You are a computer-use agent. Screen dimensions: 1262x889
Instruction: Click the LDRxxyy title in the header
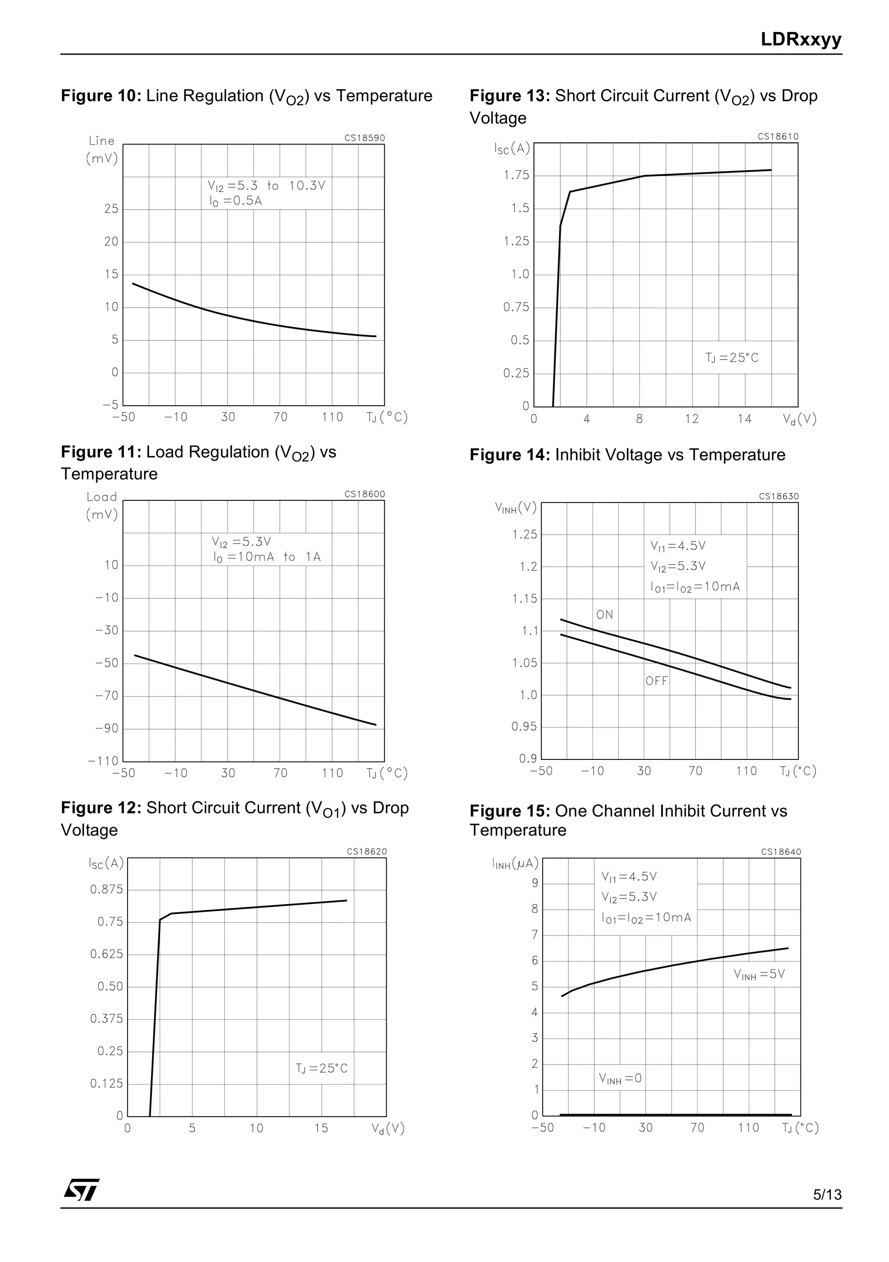tap(800, 39)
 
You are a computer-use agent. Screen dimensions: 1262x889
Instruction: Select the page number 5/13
tap(827, 1194)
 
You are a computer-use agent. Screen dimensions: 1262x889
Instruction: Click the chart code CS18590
tap(365, 138)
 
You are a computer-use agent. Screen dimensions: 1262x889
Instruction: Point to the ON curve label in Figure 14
tap(604, 615)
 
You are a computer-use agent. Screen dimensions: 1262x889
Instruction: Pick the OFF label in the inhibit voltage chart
tap(656, 681)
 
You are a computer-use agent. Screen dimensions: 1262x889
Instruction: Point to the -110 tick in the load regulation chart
tap(103, 761)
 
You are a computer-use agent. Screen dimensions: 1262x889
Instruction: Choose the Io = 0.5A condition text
tap(235, 201)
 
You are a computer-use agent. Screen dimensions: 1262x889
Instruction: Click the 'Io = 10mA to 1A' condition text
tap(267, 557)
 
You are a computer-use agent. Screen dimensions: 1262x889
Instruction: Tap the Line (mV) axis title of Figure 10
tap(102, 150)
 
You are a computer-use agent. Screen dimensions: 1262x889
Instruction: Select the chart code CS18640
tap(780, 852)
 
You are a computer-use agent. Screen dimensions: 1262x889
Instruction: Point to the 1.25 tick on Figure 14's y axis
tap(524, 535)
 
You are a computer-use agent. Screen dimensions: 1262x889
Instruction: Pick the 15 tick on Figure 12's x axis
tap(321, 1128)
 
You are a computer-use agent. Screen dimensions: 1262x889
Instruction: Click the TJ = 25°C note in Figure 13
tap(732, 358)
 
